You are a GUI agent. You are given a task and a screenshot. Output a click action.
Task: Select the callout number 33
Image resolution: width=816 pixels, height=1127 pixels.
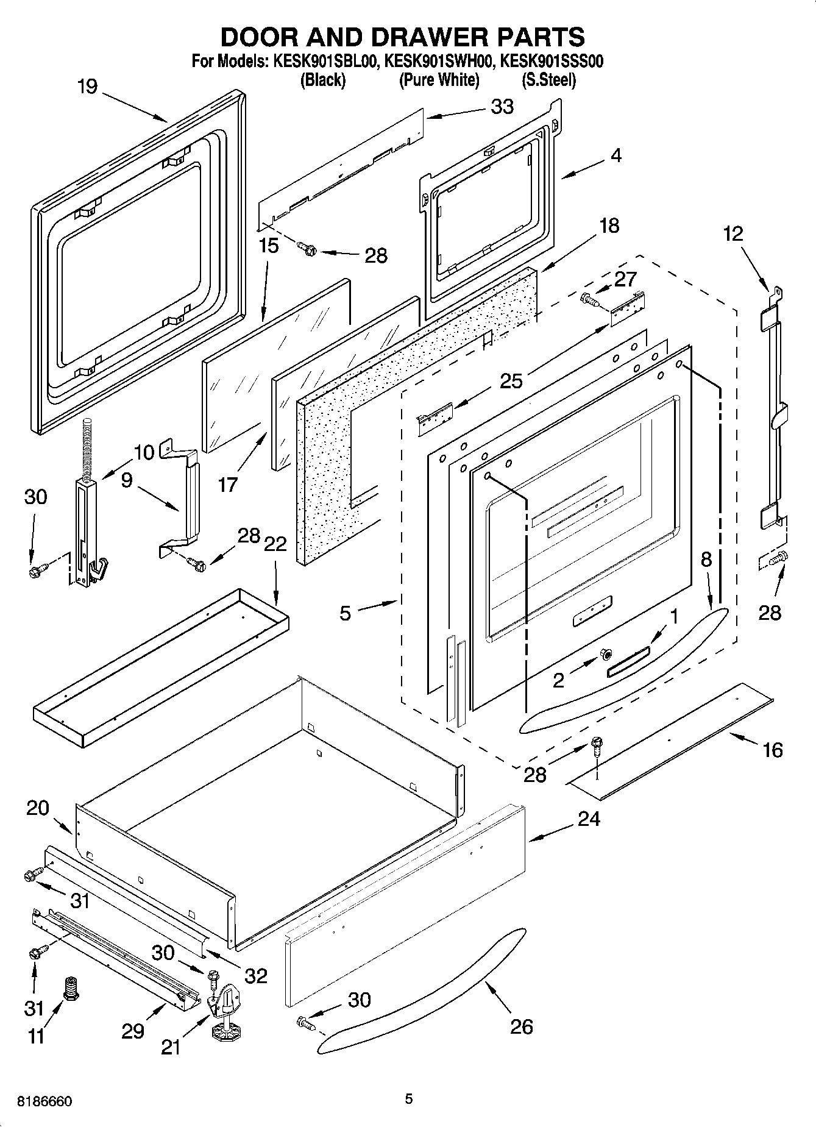click(503, 107)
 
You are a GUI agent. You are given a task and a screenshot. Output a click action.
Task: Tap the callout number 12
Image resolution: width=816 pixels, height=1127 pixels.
click(734, 233)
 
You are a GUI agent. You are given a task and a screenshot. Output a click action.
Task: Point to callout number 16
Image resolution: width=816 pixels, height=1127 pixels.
click(772, 750)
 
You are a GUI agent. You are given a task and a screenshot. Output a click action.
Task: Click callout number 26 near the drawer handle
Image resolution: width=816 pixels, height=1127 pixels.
click(521, 1026)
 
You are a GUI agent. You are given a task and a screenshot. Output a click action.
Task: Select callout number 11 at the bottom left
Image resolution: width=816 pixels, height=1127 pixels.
click(37, 1036)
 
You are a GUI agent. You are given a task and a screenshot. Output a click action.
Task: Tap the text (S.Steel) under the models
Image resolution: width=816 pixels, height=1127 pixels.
click(548, 80)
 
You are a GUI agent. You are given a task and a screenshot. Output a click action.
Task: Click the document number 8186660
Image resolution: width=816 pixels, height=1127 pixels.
click(45, 1101)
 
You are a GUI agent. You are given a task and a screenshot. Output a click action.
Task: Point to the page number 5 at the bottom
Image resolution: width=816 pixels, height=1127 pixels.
click(408, 1098)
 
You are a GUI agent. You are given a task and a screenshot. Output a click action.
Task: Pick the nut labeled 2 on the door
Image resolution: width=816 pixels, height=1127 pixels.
click(606, 654)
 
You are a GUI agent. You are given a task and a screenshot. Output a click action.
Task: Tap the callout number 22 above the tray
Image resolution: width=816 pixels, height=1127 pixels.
click(275, 543)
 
